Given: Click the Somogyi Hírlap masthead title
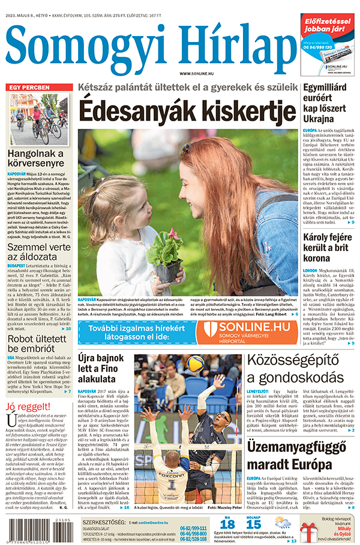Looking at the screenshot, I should click(150, 45).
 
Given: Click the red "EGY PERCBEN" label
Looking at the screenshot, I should click(30, 88).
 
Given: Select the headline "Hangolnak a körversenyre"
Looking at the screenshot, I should click(35, 157).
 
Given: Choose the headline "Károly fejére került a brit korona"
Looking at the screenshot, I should click(329, 237).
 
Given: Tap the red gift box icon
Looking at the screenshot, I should click(308, 530).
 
